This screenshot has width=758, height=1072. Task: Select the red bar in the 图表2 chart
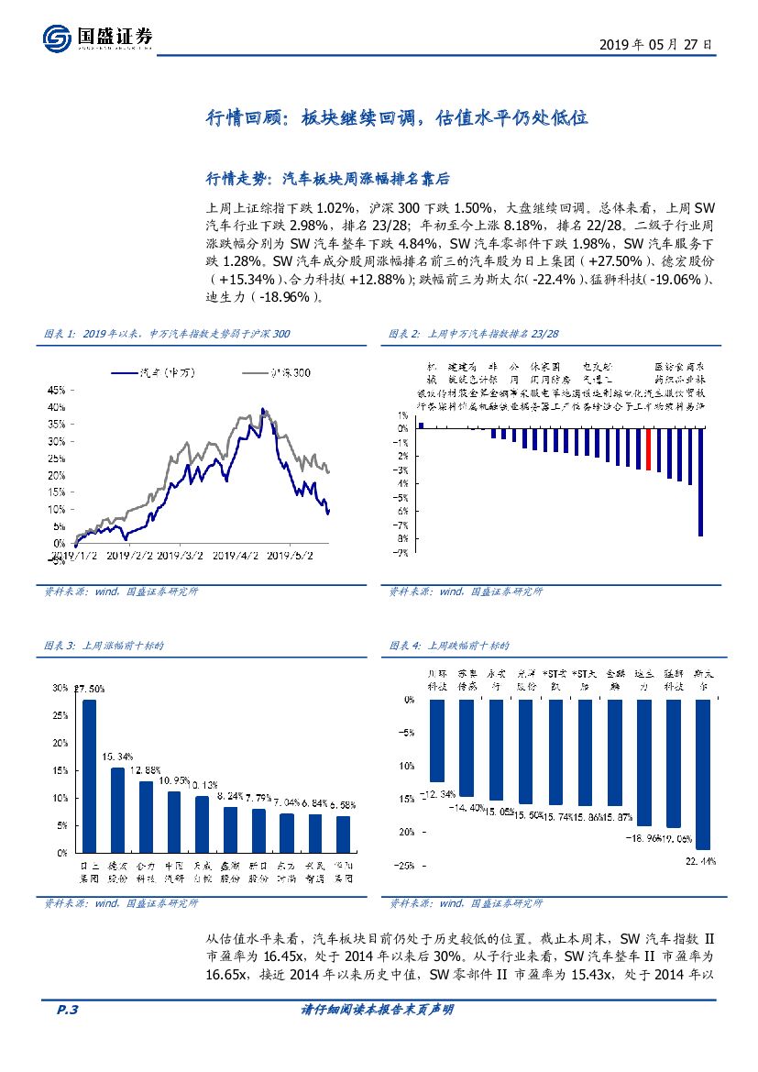[648, 449]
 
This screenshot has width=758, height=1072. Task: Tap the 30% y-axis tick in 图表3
[60, 688]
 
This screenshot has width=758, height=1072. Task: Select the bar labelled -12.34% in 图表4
[437, 740]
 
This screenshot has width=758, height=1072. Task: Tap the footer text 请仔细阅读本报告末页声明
[378, 1010]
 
